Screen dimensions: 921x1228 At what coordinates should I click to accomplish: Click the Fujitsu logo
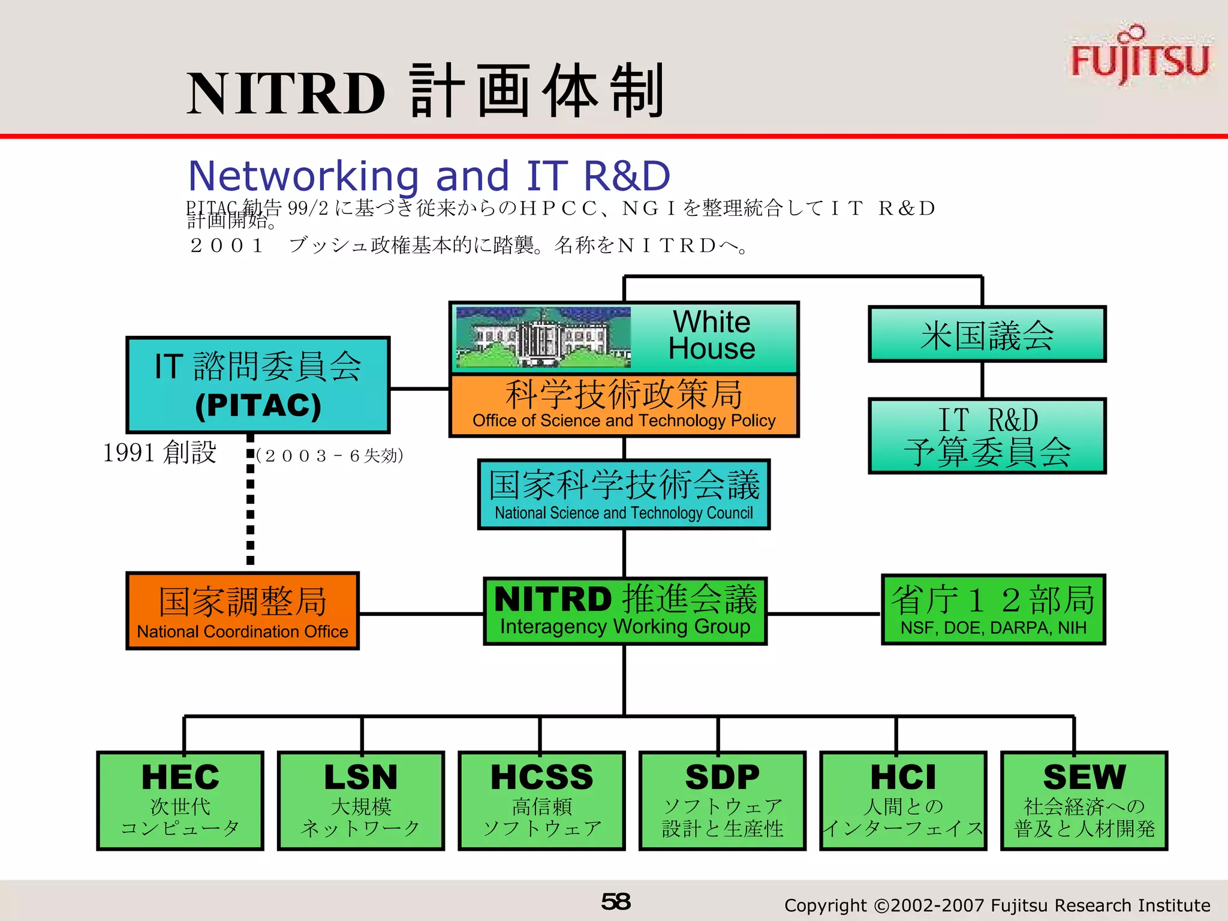tap(1139, 57)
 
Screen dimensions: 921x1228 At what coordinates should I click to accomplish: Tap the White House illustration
tap(543, 337)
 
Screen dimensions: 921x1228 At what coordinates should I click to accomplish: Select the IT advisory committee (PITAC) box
tap(258, 385)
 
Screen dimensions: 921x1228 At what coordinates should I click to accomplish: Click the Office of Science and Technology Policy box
tap(624, 405)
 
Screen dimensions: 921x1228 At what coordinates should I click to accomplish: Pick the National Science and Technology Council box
tap(624, 495)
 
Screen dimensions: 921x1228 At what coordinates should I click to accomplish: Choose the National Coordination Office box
tap(242, 611)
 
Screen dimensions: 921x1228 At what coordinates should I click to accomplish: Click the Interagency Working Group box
tap(625, 611)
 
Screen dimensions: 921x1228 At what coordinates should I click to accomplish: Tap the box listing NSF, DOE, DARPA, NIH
tap(993, 610)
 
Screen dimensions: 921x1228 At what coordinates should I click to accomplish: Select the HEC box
tap(180, 800)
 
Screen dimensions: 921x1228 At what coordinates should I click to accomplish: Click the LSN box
tap(361, 800)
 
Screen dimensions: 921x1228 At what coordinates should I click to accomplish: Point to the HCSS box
tap(541, 800)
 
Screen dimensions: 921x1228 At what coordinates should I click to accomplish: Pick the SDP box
tap(723, 800)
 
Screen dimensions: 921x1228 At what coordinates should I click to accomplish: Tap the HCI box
tap(903, 800)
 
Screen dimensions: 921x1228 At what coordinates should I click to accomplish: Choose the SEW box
tap(1084, 800)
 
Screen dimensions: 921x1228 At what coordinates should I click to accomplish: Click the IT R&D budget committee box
tap(987, 436)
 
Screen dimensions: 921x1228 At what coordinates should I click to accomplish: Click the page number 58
tap(615, 902)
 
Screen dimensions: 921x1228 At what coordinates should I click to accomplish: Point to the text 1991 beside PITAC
tap(129, 453)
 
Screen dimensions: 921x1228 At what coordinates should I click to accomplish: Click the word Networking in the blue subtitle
tap(303, 176)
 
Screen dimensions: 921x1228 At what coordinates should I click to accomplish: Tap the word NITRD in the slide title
tap(285, 94)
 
